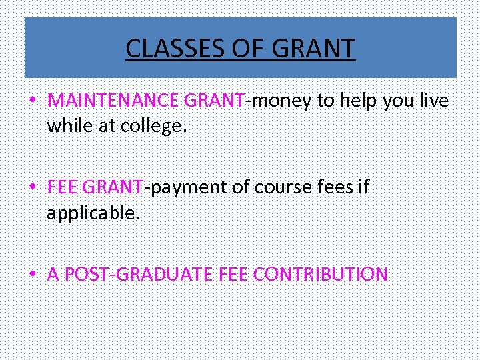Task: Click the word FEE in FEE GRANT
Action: pyautogui.click(x=63, y=187)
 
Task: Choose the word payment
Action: pyautogui.click(x=187, y=187)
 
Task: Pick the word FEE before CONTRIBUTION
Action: pyautogui.click(x=233, y=274)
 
